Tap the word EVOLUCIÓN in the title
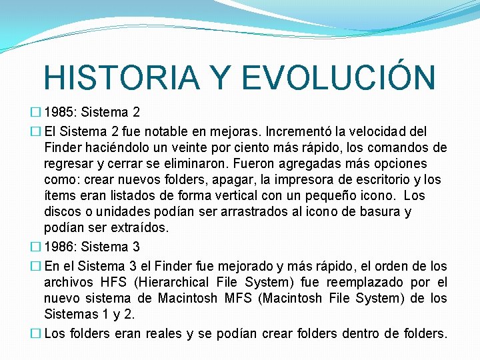(x=339, y=77)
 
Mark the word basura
(x=391, y=212)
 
